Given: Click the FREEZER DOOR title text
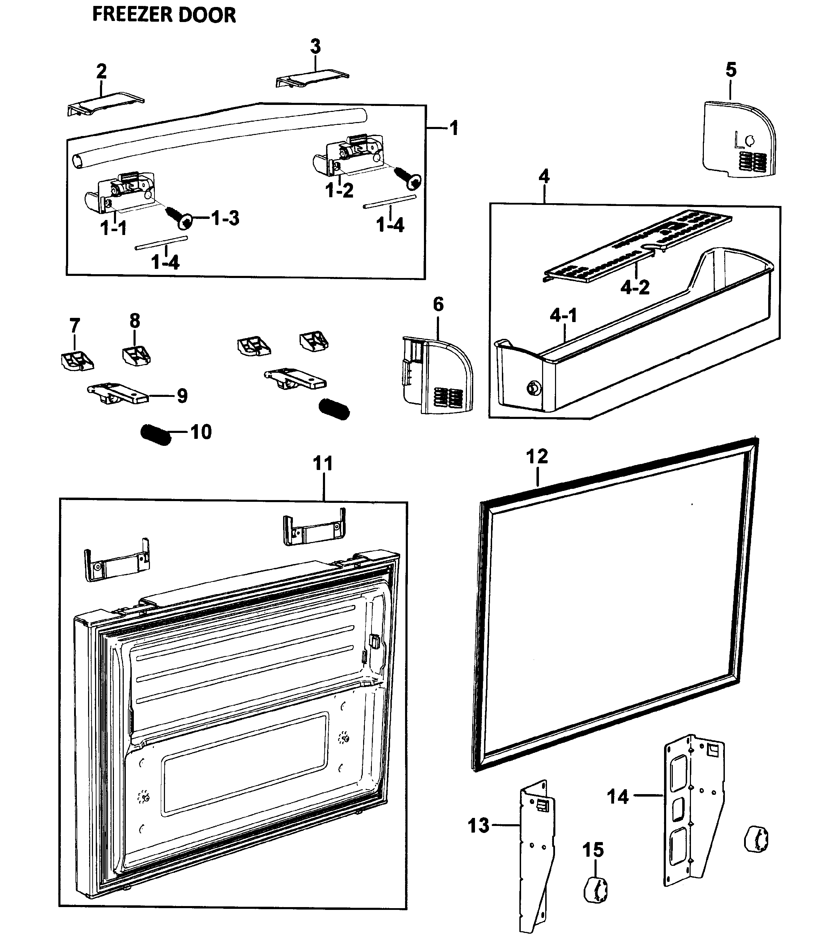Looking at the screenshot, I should [x=164, y=15].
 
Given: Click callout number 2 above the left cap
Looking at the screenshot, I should [x=101, y=71].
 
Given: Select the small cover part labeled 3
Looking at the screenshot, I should [x=312, y=79].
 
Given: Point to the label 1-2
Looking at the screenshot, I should [x=340, y=190].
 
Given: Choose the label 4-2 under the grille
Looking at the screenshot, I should [x=635, y=287].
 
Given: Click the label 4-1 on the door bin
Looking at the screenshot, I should [x=563, y=315].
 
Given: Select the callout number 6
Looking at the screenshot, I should [x=438, y=304].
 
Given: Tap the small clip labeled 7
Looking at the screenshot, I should [x=77, y=361].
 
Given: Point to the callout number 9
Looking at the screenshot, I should [x=182, y=396].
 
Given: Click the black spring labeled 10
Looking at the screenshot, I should [x=156, y=434].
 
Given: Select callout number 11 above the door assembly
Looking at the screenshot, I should [x=323, y=463].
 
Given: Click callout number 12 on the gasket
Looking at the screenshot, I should [x=537, y=456].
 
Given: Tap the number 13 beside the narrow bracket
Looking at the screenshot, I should [x=478, y=826].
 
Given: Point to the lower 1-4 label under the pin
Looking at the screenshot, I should [x=165, y=262].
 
